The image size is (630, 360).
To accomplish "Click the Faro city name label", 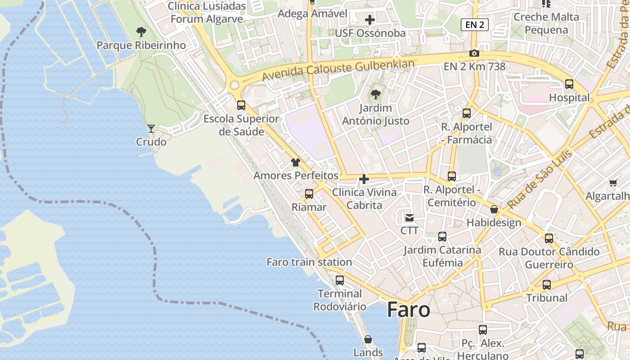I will click(x=408, y=310).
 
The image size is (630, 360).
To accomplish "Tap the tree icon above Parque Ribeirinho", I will click(x=141, y=32).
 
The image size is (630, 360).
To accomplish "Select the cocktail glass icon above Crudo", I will click(x=151, y=129).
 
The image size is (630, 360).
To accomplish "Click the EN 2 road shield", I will click(x=474, y=25).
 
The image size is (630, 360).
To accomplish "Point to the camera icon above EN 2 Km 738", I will click(x=474, y=54).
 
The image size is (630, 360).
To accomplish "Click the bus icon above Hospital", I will click(x=569, y=84).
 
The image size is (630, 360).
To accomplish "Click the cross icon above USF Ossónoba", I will click(x=370, y=20).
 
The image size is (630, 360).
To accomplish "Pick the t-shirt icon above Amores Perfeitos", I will click(x=296, y=162).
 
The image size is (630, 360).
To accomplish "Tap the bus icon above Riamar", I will click(x=309, y=194).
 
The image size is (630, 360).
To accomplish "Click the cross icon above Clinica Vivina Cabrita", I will click(x=364, y=180).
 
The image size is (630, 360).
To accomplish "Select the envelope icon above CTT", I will click(x=409, y=218).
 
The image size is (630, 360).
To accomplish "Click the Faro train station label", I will click(x=309, y=262).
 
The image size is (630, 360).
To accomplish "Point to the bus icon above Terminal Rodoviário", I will click(x=340, y=280).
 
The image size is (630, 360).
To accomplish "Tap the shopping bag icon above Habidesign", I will click(x=494, y=209).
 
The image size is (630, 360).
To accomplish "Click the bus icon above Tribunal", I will click(x=547, y=285).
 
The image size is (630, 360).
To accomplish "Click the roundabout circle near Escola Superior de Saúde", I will click(x=234, y=85).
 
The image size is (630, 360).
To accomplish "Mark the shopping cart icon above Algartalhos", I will click(x=613, y=183).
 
